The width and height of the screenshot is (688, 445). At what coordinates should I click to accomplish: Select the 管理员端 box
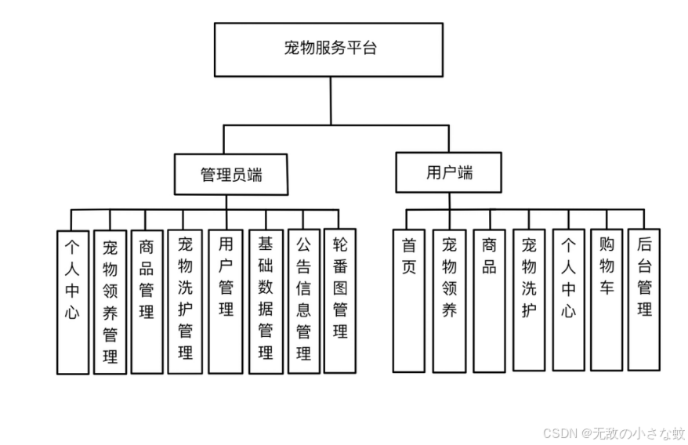231,174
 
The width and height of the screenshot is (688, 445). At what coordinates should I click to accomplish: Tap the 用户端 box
449,172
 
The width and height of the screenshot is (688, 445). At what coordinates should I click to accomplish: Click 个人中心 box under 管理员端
72,302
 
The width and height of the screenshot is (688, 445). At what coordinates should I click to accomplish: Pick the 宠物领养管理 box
110,302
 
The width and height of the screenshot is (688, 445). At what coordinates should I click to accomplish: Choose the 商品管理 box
147,301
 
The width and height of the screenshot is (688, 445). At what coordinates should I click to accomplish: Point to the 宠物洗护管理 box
185,301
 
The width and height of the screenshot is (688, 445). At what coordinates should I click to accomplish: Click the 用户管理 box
226,301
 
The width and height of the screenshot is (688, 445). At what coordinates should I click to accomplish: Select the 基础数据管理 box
266,301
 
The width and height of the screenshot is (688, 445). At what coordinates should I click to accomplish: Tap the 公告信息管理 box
304,301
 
